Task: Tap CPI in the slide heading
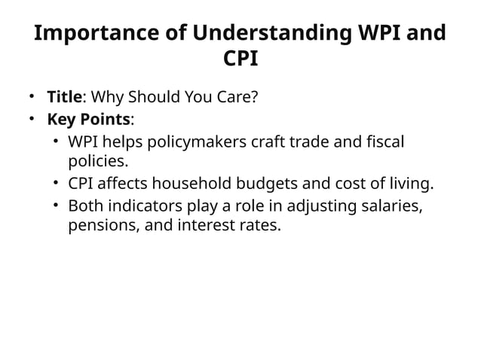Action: coord(240,59)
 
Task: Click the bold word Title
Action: coord(64,97)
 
